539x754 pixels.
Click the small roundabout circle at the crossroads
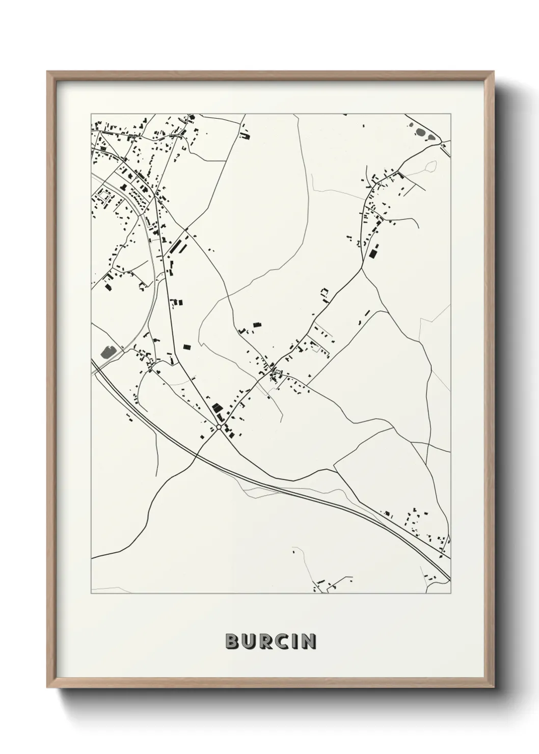pos(219,427)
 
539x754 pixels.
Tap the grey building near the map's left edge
pos(107,351)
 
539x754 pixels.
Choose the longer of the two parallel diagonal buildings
pos(177,246)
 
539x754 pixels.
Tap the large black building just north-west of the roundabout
pos(218,408)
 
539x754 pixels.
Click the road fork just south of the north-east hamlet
pos(363,268)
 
